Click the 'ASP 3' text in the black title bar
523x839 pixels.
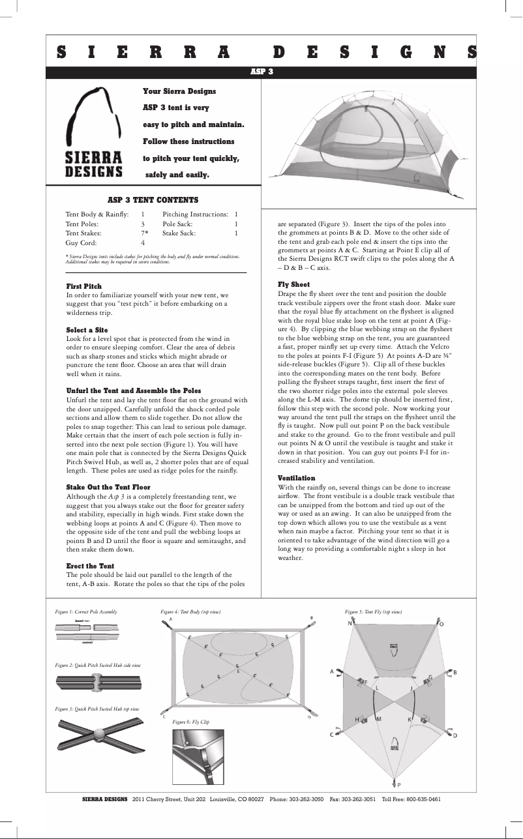(x=261, y=72)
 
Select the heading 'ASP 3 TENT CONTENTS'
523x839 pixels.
(x=153, y=200)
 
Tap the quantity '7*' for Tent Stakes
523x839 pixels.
(x=144, y=232)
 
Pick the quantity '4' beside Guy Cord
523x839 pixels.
(x=142, y=242)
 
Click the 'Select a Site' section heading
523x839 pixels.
(x=87, y=330)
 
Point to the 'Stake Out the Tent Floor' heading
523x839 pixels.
(x=108, y=487)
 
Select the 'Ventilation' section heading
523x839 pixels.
(x=296, y=478)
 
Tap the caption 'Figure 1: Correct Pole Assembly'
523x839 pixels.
(x=87, y=612)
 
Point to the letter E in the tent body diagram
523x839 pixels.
(x=239, y=671)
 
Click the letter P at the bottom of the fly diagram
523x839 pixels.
(x=398, y=785)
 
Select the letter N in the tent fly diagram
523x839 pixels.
(x=350, y=623)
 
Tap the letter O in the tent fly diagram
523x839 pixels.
(x=441, y=624)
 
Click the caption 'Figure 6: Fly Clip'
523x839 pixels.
(x=190, y=722)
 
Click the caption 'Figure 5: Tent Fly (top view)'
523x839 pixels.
(x=373, y=612)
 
